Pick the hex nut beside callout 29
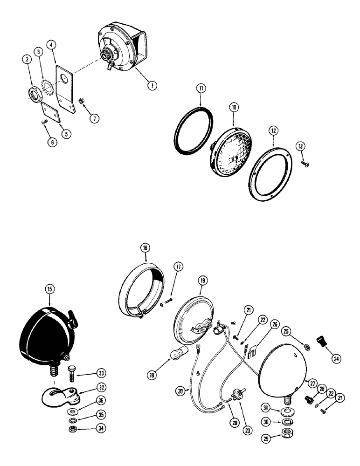pos(282,438)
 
